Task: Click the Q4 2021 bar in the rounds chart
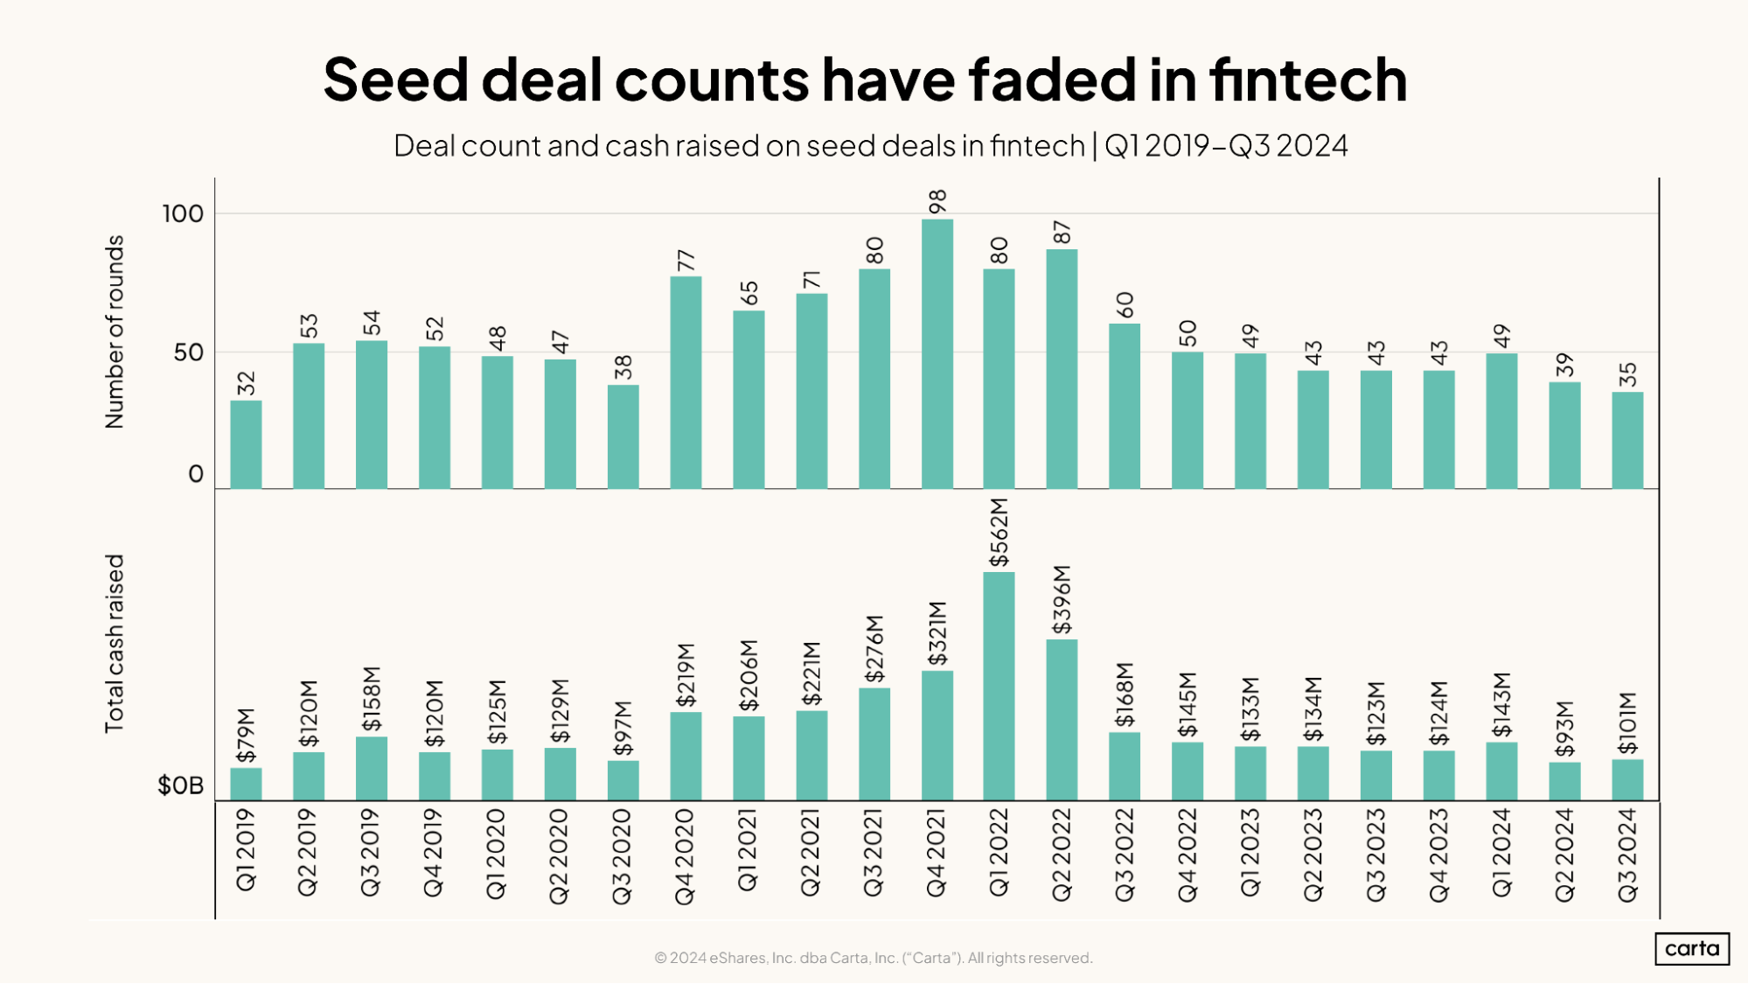click(937, 353)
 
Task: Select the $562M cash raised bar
click(999, 686)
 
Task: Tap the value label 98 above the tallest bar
click(937, 201)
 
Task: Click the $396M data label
click(1062, 600)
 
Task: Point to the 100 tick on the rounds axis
click(183, 213)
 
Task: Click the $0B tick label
click(180, 785)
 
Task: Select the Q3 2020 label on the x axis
click(622, 856)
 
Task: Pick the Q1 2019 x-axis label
click(246, 850)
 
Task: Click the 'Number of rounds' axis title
click(115, 332)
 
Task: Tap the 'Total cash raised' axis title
click(115, 644)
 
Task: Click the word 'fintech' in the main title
click(1308, 80)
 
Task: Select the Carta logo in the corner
click(1691, 949)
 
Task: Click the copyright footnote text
click(873, 958)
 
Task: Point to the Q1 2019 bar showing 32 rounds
click(246, 444)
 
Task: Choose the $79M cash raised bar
click(246, 784)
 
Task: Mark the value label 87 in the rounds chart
click(1062, 233)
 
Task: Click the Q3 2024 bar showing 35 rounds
click(1626, 440)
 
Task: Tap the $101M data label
click(1626, 723)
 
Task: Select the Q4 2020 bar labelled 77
click(686, 382)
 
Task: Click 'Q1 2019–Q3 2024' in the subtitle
click(1226, 145)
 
